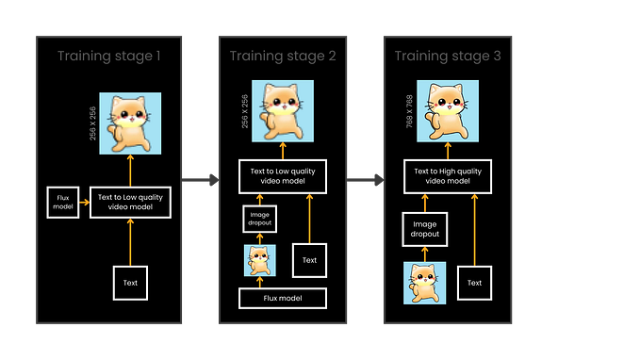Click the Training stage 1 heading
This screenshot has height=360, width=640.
click(x=109, y=56)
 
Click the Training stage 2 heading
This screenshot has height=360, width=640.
click(x=281, y=56)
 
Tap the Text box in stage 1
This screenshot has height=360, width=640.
click(x=130, y=283)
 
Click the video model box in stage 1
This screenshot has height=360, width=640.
click(x=130, y=202)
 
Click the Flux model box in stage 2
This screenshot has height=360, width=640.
click(x=283, y=299)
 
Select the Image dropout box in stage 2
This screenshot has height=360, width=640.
click(x=259, y=219)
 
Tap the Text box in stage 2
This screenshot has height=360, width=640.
click(x=309, y=260)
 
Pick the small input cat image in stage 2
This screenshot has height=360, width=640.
click(x=260, y=261)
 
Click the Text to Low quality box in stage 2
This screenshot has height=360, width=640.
click(x=283, y=175)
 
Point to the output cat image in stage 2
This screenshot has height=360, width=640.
click(x=282, y=109)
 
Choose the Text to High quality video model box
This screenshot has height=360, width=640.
click(x=448, y=175)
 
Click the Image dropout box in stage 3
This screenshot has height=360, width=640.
click(x=424, y=229)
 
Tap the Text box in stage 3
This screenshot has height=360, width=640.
click(x=475, y=283)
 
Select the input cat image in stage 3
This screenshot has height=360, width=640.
click(x=424, y=284)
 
